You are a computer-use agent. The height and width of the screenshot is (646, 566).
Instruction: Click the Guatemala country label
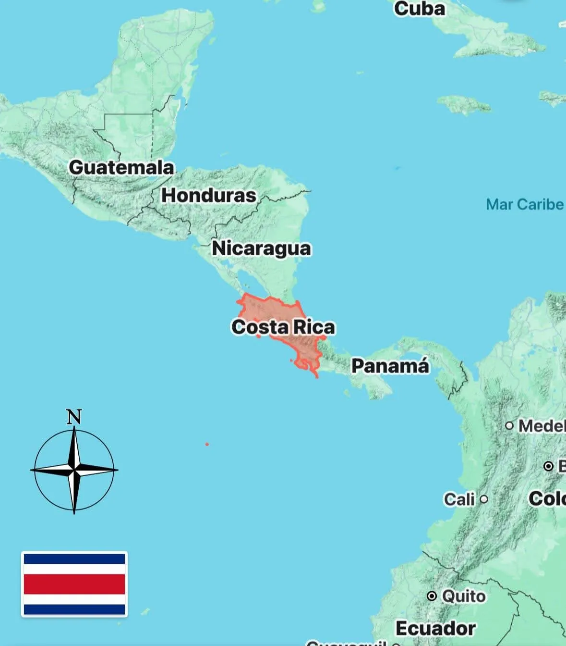(121, 167)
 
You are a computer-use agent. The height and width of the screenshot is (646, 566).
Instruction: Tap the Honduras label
(208, 195)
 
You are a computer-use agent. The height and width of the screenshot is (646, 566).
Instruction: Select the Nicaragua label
(261, 248)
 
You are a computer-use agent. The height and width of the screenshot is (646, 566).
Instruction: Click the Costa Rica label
(283, 327)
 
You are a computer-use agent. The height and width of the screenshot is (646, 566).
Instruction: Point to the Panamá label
(390, 366)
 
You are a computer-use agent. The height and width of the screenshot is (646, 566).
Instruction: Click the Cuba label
(419, 9)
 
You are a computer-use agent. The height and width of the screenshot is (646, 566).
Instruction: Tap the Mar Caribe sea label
(524, 204)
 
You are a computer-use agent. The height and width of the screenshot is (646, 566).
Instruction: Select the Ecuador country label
(435, 628)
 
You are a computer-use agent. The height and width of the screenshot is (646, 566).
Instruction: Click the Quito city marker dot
(432, 596)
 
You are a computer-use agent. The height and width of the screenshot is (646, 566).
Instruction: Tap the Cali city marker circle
(484, 499)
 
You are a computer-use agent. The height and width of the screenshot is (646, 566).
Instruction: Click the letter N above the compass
(74, 417)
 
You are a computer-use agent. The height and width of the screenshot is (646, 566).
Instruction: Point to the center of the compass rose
(74, 470)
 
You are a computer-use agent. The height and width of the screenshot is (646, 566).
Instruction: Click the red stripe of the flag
(74, 584)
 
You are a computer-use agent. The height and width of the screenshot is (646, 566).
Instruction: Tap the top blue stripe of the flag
(74, 559)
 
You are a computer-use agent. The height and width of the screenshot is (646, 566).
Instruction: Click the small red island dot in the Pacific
(207, 444)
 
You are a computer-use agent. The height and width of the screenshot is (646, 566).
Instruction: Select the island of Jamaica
(464, 104)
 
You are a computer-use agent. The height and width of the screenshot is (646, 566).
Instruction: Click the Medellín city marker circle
(509, 425)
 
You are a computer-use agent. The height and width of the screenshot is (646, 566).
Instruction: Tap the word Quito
(463, 596)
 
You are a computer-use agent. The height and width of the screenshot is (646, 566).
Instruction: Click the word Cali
(459, 499)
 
